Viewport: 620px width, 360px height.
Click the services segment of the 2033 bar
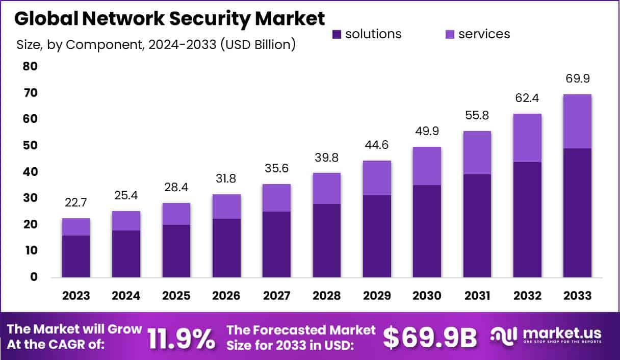[577, 121]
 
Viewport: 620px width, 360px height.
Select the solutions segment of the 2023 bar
[76, 256]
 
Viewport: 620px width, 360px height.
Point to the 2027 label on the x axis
[276, 296]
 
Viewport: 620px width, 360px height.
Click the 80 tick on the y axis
[30, 66]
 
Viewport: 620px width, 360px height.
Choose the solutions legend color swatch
[337, 34]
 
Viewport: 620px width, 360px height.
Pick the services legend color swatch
[450, 34]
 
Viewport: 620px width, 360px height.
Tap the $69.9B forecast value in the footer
[430, 337]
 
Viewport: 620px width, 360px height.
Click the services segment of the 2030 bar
[427, 166]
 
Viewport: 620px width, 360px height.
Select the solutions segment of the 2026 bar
[226, 248]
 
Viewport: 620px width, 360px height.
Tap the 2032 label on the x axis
[527, 296]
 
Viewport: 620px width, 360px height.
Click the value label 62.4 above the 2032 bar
[527, 98]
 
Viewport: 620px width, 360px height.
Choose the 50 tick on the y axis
[30, 145]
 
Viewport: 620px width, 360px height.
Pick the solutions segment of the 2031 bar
[477, 226]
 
